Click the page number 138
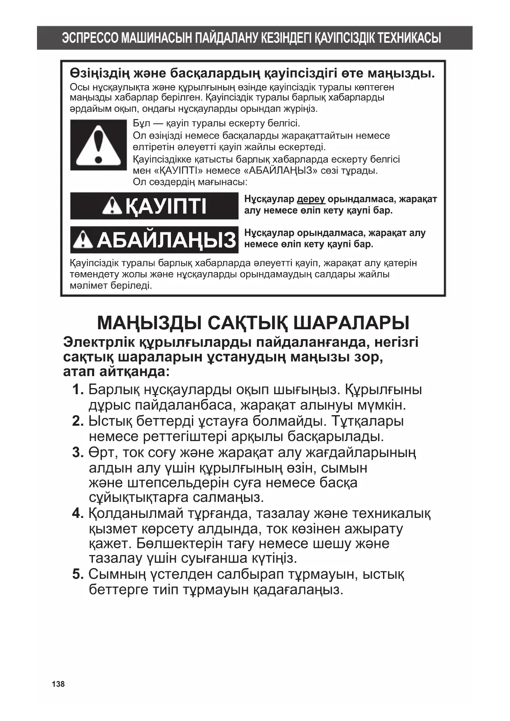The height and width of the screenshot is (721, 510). pyautogui.click(x=58, y=684)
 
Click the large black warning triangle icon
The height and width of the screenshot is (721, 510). pyautogui.click(x=98, y=145)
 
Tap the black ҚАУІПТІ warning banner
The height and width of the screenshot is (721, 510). pyautogui.click(x=154, y=206)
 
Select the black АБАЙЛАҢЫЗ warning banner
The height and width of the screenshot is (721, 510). pyautogui.click(x=154, y=240)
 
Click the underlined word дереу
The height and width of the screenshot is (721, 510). pyautogui.click(x=311, y=199)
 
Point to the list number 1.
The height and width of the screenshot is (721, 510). pyautogui.click(x=78, y=389)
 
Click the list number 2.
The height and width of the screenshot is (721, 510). pyautogui.click(x=78, y=421)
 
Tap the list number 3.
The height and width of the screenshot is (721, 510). pyautogui.click(x=78, y=453)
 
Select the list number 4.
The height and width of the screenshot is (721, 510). pyautogui.click(x=78, y=513)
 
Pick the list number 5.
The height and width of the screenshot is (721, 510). pyautogui.click(x=78, y=574)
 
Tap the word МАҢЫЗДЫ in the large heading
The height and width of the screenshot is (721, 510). pyautogui.click(x=149, y=323)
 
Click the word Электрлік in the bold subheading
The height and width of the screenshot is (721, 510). pyautogui.click(x=98, y=342)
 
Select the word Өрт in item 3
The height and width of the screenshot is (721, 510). pyautogui.click(x=98, y=453)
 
